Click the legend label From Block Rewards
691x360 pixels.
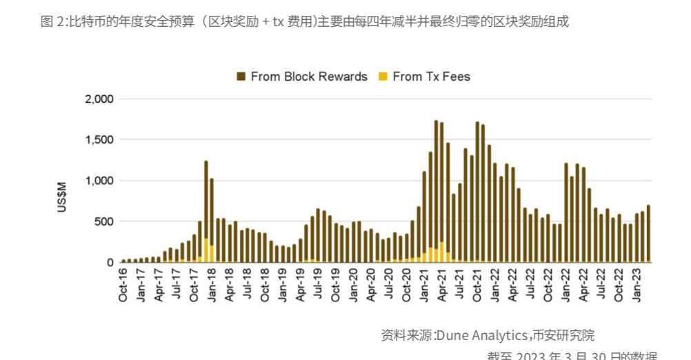pyautogui.click(x=308, y=77)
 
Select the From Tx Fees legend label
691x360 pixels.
pyautogui.click(x=431, y=77)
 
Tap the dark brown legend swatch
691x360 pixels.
pyautogui.click(x=241, y=77)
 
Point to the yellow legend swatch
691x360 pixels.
pyautogui.click(x=383, y=77)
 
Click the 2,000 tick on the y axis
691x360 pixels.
pyautogui.click(x=99, y=99)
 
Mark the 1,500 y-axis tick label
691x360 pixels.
pyautogui.click(x=99, y=140)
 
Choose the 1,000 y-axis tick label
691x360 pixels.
pyautogui.click(x=99, y=181)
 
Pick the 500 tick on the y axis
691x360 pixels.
pyautogui.click(x=104, y=221)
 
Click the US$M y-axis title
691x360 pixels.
pyautogui.click(x=62, y=197)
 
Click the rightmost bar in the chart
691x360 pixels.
pyautogui.click(x=648, y=234)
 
